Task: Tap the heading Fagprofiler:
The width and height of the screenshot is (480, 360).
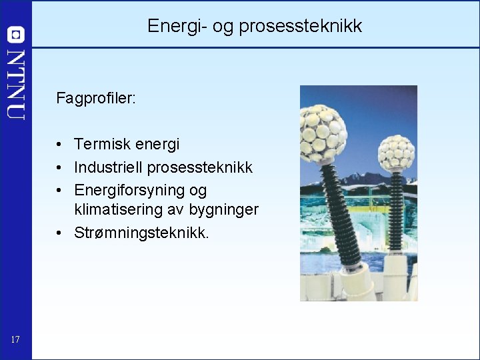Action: tap(96, 99)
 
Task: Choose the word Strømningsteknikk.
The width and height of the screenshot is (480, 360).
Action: tap(141, 233)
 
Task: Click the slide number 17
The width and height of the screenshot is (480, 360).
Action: tap(15, 341)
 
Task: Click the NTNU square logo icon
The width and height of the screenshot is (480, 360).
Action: tap(15, 35)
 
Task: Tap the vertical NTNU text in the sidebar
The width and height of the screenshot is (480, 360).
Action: tap(15, 84)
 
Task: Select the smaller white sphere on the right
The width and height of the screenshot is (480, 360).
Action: tap(396, 153)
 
